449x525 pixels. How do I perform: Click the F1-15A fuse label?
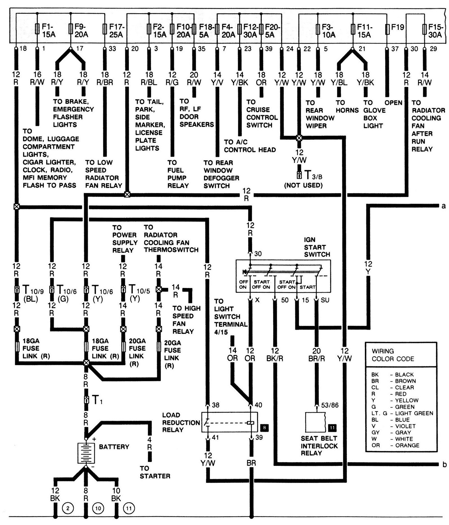[x=49, y=30]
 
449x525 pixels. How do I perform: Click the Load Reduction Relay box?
[x=229, y=422]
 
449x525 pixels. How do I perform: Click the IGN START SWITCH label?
[x=317, y=247]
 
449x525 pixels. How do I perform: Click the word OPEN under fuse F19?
[x=393, y=103]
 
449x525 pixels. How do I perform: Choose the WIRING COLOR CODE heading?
[x=392, y=355]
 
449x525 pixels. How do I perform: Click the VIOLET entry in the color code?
[x=405, y=426]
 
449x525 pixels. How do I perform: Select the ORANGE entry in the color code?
[x=407, y=445]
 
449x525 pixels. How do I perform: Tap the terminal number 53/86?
[x=329, y=405]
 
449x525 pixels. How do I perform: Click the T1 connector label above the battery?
[x=97, y=400]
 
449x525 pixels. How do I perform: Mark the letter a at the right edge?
[x=444, y=206]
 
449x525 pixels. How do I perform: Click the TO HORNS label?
[x=347, y=106]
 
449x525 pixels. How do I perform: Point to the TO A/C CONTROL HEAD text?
[x=250, y=146]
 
